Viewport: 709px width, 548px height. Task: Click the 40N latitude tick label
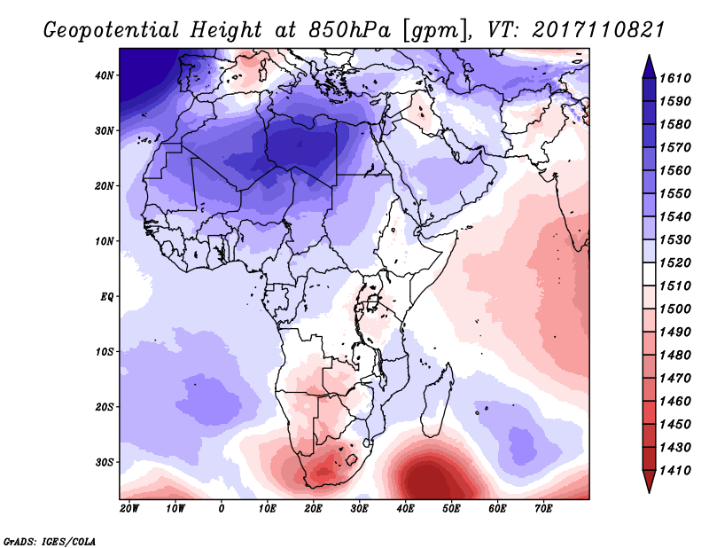coord(105,75)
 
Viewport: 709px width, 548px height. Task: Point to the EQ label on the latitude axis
coord(106,296)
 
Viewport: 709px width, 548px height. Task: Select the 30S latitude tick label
coord(105,462)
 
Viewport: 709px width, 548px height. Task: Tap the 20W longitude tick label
coord(129,509)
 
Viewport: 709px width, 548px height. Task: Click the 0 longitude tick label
coord(221,509)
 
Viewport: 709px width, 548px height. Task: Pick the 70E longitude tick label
coord(543,509)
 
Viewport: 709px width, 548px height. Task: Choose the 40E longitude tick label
coord(405,509)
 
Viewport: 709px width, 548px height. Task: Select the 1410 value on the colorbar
coord(682,470)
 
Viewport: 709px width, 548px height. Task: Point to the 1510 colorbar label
coord(682,286)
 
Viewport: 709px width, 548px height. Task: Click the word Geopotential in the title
coord(113,29)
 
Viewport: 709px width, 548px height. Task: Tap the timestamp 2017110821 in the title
coord(598,29)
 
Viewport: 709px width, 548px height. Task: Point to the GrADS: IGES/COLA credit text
coord(50,539)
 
